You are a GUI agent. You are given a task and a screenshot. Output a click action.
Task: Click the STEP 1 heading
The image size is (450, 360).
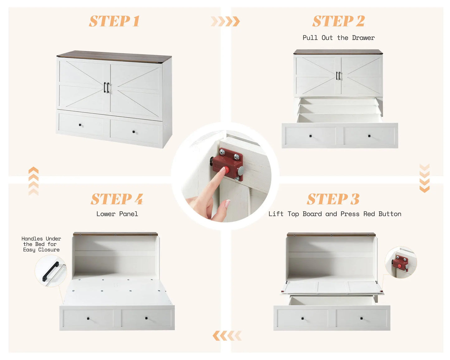114,21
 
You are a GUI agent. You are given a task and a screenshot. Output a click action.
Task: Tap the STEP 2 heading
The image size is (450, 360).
339,21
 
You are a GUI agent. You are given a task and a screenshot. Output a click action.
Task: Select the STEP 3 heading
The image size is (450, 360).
333,199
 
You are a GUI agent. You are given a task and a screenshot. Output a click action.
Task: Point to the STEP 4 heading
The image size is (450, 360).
117,199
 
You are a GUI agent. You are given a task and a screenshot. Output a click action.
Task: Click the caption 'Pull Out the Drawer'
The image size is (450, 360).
339,38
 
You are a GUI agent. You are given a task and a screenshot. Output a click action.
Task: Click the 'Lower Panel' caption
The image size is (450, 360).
117,214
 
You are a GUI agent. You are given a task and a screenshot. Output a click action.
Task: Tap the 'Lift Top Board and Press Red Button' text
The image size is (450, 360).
335,214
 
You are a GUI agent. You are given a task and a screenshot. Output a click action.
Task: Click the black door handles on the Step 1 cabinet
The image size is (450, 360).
107,88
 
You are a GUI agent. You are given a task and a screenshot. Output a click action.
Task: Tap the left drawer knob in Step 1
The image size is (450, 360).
80,125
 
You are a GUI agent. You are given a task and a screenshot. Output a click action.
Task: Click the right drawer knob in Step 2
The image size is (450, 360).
369,136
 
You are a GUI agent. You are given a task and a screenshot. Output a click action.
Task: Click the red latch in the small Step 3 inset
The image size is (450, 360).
400,263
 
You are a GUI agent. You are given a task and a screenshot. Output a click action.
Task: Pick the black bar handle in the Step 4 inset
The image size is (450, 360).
50,271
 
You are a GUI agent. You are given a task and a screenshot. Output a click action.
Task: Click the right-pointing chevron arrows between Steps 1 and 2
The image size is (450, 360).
225,21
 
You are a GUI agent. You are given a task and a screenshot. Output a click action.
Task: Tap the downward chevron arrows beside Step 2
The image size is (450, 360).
424,178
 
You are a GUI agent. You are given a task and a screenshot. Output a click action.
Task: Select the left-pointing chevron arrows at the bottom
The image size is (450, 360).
227,336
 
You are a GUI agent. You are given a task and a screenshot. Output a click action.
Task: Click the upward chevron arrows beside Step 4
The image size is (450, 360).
33,181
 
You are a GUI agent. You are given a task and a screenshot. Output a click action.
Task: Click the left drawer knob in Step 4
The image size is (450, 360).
88,319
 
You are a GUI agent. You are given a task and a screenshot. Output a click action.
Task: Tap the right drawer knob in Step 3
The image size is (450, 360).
362,319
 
